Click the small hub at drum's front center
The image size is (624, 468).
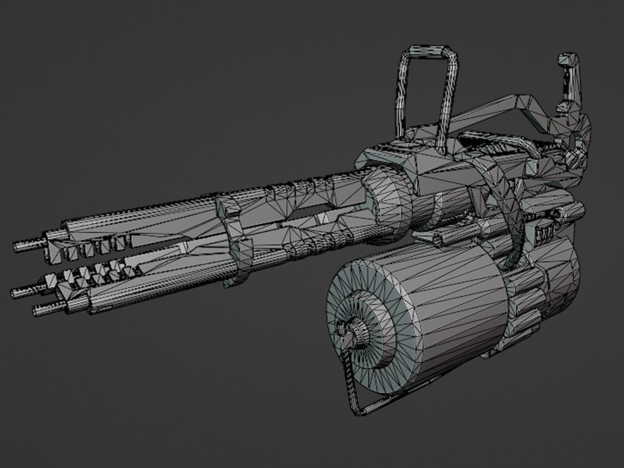[x=354, y=333]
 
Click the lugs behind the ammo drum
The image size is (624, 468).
[x=523, y=306]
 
